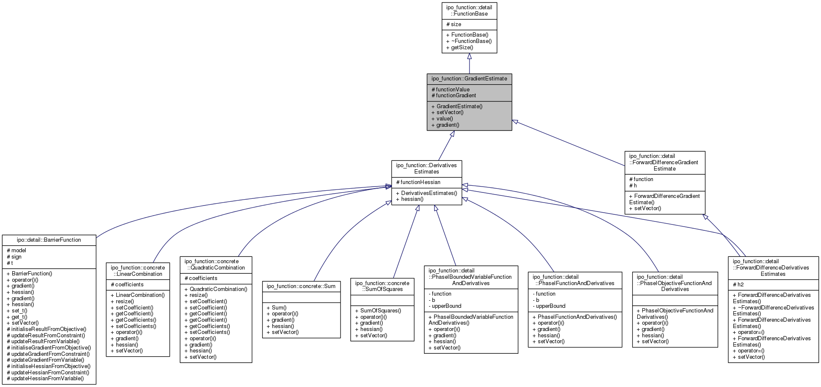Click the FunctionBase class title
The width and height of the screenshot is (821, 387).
tap(469, 11)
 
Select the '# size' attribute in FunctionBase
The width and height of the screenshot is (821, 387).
tap(454, 24)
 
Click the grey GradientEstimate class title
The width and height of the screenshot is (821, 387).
tap(469, 79)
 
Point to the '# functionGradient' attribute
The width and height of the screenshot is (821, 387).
tap(453, 96)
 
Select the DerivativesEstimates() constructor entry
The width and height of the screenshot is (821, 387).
tap(426, 193)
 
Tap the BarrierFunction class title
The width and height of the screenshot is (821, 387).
tap(49, 240)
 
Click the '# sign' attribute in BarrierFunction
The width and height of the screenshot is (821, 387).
tap(14, 257)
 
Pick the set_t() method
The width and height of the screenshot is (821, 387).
tap(17, 311)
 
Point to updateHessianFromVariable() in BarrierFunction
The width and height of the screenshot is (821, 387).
tap(45, 379)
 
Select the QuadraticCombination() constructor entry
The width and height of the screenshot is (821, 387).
tap(216, 289)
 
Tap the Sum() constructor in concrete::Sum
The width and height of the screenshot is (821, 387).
tap(276, 308)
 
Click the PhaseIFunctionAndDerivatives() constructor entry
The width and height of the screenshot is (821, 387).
tap(574, 317)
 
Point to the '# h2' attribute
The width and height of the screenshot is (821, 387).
tap(738, 285)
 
